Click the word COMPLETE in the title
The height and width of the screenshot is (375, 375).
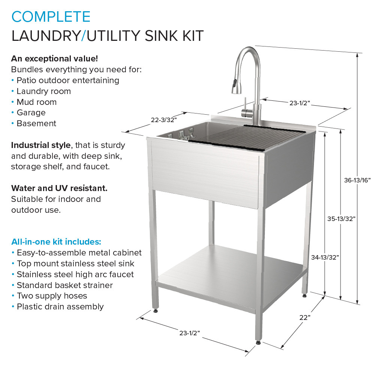[x=51, y=17]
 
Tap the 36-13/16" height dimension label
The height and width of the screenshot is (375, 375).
[x=357, y=180]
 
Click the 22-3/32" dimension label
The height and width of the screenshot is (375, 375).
[x=164, y=120]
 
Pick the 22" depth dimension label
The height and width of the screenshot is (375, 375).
[x=305, y=317]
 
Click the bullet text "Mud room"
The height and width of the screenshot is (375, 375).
[x=36, y=102]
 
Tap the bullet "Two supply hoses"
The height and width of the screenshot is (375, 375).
[x=52, y=296]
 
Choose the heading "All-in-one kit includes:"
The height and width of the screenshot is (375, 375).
[x=56, y=241]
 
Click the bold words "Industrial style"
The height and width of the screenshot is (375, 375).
[x=41, y=145]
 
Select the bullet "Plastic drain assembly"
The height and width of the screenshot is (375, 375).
[x=60, y=307]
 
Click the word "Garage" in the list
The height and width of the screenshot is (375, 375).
[x=31, y=112]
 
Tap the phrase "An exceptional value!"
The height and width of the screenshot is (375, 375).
[x=55, y=59]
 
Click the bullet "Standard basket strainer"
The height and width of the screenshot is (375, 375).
[x=64, y=285]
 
